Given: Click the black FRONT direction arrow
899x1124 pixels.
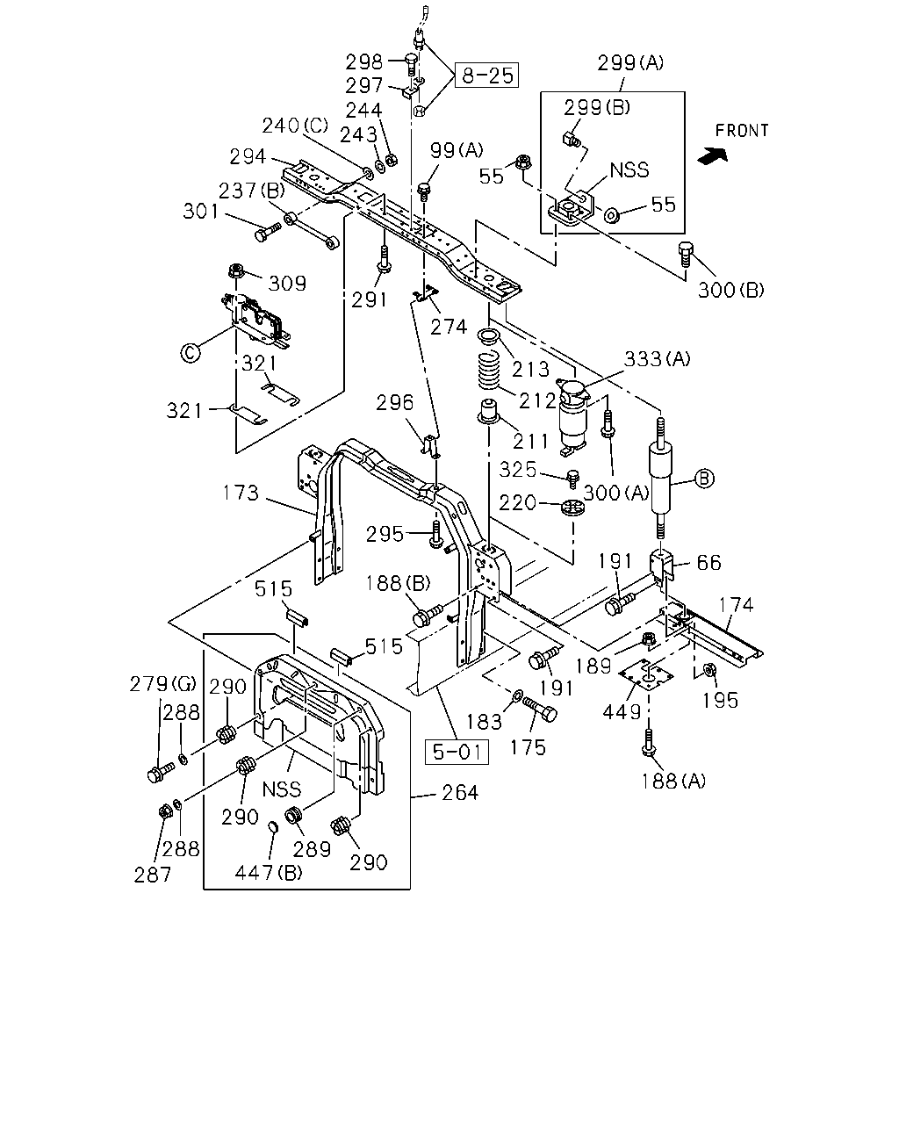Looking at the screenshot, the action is coord(713,155).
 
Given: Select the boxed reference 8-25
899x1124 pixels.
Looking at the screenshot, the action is coord(487,76).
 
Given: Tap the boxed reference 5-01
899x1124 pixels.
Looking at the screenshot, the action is coord(457,752).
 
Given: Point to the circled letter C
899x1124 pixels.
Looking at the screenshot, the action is coord(191,353).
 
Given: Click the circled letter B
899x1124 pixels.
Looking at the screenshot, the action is coord(703,478).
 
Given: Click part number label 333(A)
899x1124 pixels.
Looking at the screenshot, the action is coord(658,359).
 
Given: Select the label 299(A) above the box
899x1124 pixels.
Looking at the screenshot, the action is coord(630,62).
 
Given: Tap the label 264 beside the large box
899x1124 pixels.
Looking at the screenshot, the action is coord(460,792).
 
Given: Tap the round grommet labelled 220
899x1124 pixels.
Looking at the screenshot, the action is coord(572,507).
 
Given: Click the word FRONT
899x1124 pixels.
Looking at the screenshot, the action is coord(742,130).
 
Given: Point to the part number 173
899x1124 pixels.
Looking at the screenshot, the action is coord(241,493).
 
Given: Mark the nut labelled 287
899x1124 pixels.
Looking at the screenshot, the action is coord(166,811).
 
